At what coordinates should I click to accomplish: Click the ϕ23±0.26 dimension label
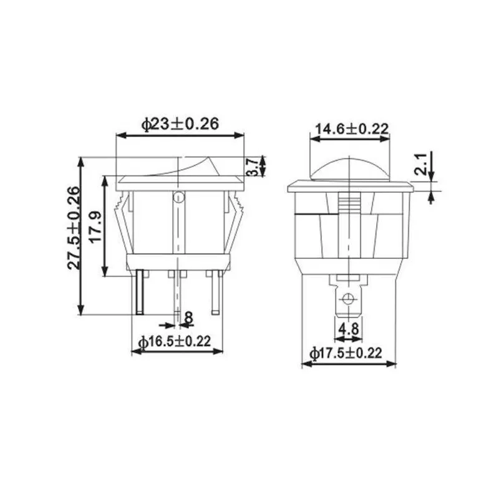click(180, 124)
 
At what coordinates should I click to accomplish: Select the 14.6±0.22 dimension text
click(352, 129)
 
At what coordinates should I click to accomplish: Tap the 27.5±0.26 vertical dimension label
click(74, 228)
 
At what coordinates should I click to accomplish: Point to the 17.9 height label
click(97, 226)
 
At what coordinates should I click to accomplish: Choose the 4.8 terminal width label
click(348, 328)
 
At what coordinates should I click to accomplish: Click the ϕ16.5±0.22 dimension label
click(175, 341)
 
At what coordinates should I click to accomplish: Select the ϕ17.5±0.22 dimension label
click(346, 353)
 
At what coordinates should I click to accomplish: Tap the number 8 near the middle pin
click(189, 317)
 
